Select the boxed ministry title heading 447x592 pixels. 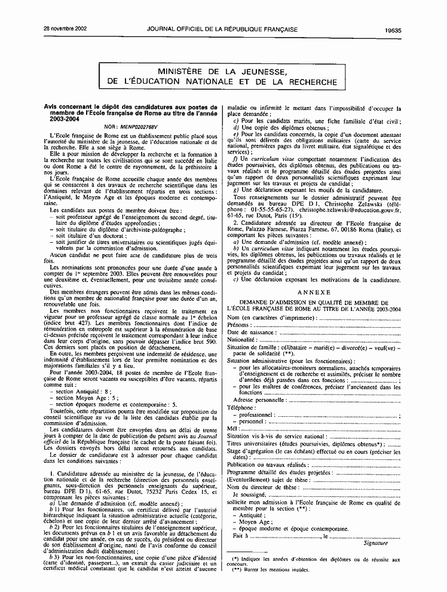(x=222, y=77)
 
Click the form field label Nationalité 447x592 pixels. (x=241, y=339)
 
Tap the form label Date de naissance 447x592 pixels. (x=251, y=332)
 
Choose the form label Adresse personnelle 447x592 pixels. (x=259, y=399)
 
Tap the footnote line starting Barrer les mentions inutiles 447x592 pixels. (x=271, y=570)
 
